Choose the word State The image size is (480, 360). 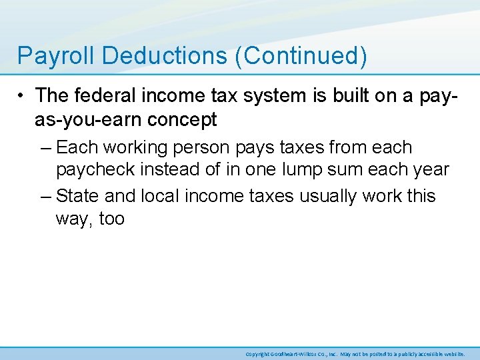click(80, 196)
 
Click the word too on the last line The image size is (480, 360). click(111, 219)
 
